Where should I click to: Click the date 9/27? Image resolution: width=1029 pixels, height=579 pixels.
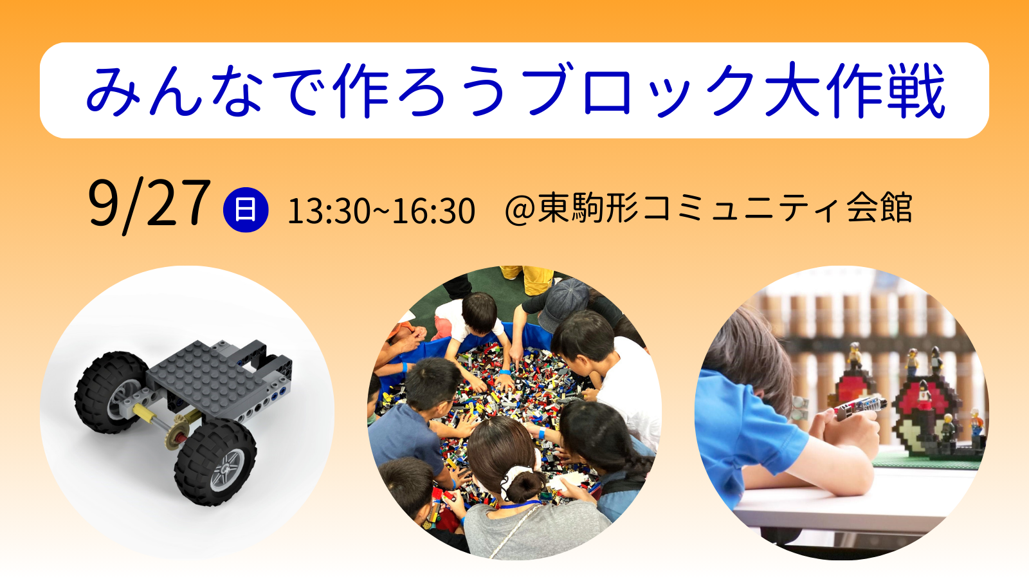pyautogui.click(x=149, y=205)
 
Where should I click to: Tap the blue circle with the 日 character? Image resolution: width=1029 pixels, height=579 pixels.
pyautogui.click(x=246, y=210)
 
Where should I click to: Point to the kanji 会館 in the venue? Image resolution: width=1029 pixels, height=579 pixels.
pyautogui.click(x=879, y=208)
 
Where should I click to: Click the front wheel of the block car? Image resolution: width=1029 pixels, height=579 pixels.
pyautogui.click(x=214, y=463)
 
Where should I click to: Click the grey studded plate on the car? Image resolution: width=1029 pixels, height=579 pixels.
pyautogui.click(x=205, y=377)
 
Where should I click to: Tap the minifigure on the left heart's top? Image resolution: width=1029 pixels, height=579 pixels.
pyautogui.click(x=855, y=356)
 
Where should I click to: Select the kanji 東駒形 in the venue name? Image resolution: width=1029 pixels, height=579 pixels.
pyautogui.click(x=588, y=208)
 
